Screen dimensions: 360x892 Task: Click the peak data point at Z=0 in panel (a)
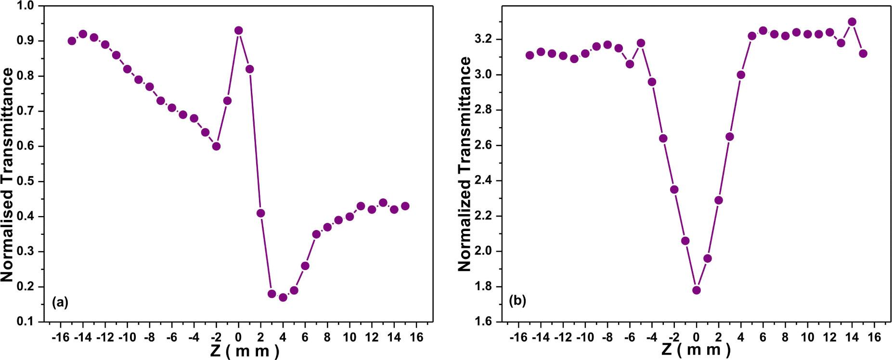point(238,30)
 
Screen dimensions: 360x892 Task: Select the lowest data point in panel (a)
point(283,297)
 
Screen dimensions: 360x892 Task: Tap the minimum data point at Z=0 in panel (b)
point(696,290)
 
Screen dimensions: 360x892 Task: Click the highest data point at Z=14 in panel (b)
point(852,22)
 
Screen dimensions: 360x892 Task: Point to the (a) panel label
point(60,302)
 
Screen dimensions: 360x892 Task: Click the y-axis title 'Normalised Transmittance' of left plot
point(8,174)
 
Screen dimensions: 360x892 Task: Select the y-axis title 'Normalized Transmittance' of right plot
point(465,164)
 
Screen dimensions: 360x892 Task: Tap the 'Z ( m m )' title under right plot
point(696,350)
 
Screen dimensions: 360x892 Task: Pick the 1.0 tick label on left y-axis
point(27,6)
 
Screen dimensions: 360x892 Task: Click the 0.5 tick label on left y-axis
point(27,181)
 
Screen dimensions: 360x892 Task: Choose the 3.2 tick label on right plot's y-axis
point(485,39)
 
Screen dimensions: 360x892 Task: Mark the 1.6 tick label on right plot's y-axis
point(485,321)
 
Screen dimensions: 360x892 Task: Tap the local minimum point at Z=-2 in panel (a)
point(216,146)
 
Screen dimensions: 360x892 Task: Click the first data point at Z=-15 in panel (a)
point(72,41)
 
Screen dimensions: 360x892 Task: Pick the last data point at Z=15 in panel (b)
point(863,53)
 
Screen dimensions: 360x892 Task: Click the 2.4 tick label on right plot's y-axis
point(485,181)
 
